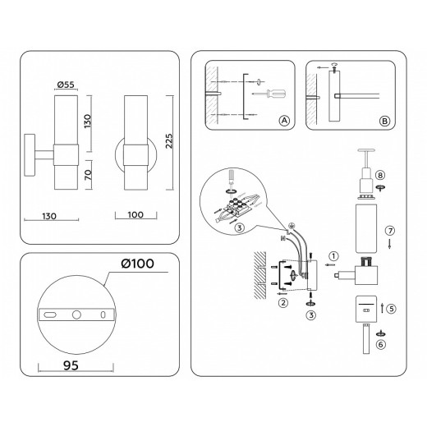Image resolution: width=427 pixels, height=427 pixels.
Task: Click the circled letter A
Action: tap(284, 121)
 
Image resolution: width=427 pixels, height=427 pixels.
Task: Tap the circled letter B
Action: tap(385, 121)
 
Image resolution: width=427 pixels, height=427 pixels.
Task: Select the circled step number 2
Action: tap(282, 303)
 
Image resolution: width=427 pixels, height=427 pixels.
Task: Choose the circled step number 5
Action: tap(392, 310)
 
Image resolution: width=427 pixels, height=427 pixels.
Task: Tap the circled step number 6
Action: tap(379, 346)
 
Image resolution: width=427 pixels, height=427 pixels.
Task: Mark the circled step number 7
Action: tap(390, 231)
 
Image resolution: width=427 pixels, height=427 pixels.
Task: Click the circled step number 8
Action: tap(379, 175)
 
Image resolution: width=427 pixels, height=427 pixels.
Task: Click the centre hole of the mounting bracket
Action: tap(76, 315)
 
